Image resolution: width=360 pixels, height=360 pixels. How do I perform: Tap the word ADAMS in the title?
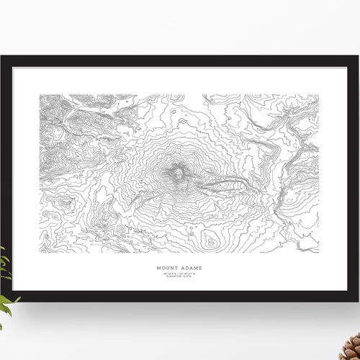(191, 270)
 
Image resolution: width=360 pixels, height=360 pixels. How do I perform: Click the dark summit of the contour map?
(176, 173)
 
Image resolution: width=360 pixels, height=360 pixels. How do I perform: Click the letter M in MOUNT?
(159, 270)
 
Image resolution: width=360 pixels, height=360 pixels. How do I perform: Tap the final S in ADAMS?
(200, 270)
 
